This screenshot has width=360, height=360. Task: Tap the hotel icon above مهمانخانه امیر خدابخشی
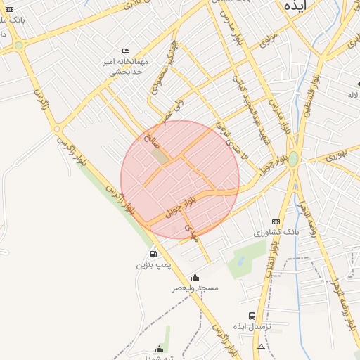(125, 51)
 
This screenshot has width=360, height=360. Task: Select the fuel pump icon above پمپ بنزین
(153, 255)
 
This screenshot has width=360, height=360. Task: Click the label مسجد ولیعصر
(195, 288)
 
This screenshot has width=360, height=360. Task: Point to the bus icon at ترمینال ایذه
(252, 316)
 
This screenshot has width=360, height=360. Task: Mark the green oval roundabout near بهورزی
(293, 159)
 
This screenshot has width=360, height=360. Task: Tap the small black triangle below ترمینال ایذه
(262, 347)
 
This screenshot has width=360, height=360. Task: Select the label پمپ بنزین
(153, 266)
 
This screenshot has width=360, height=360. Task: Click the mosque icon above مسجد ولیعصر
(195, 277)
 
